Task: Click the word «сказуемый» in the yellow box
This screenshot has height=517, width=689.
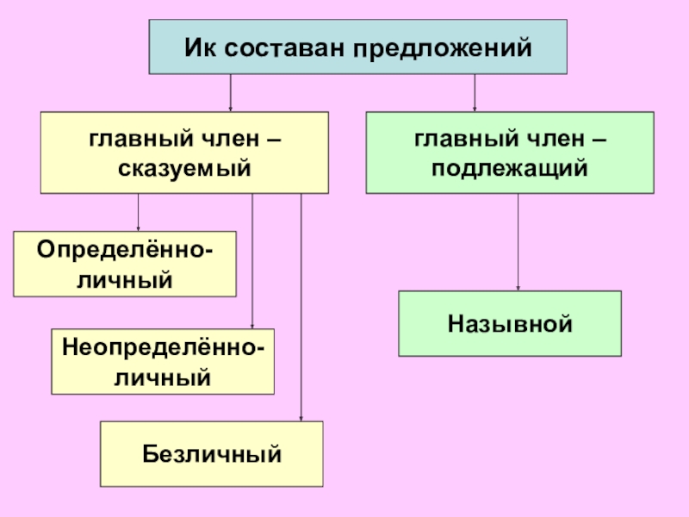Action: click(x=184, y=169)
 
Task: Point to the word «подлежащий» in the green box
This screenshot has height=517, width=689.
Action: click(x=510, y=169)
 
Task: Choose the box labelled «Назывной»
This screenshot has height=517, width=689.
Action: click(x=510, y=324)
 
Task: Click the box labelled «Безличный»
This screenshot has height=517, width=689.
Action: click(x=212, y=453)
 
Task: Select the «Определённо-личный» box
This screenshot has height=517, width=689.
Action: click(x=126, y=264)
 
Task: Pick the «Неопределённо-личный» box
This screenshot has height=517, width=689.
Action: click(x=163, y=361)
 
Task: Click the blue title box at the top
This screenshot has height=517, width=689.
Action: click(x=359, y=47)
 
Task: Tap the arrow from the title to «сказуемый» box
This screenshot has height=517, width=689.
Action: click(x=230, y=93)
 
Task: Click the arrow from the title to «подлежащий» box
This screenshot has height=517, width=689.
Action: click(x=475, y=93)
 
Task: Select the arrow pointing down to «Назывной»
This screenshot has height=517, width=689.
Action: click(x=518, y=241)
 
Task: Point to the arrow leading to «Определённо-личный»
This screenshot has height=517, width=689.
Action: click(x=139, y=212)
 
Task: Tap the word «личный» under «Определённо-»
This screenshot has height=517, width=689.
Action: click(x=126, y=279)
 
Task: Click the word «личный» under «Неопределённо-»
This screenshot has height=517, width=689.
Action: click(x=163, y=377)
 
